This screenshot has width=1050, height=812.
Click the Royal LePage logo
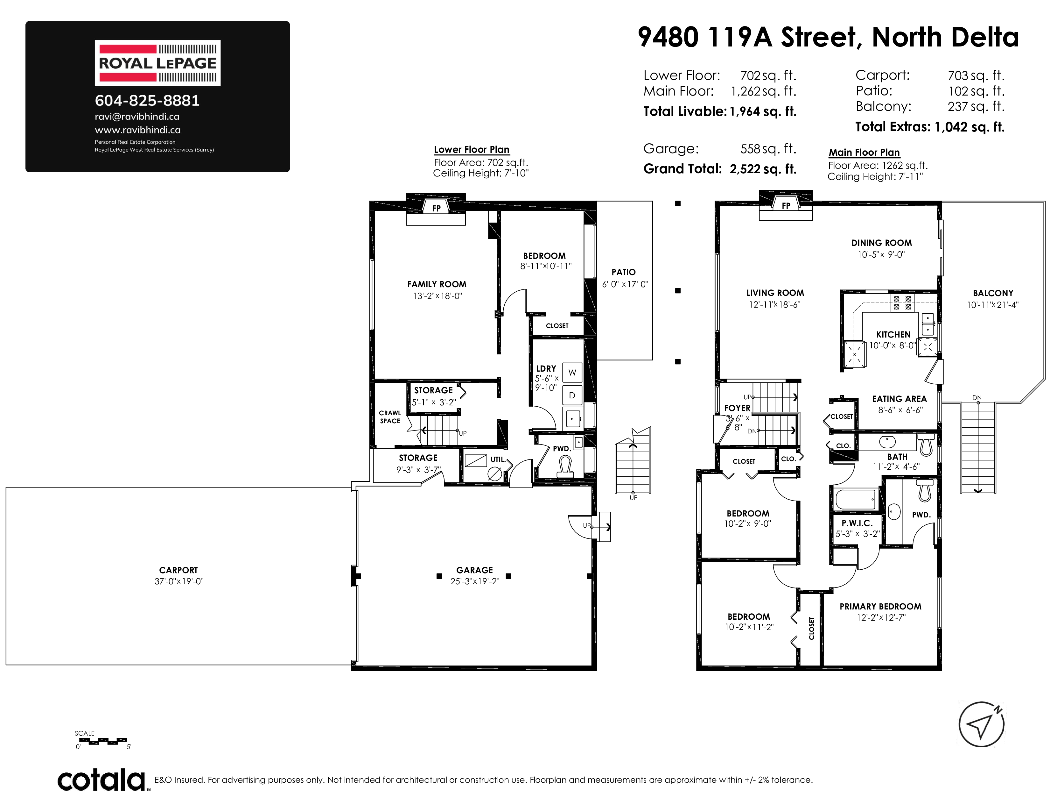pos(158,63)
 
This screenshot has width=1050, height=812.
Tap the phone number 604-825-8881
pos(147,101)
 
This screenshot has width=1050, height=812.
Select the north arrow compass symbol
pos(981,724)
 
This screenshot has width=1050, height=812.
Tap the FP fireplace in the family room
pos(436,208)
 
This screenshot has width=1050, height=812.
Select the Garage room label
pos(474,570)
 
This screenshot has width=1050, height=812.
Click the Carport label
pos(178,570)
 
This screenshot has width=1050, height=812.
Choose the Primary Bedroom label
pos(880,607)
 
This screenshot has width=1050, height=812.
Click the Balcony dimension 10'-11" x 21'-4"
pos(993,304)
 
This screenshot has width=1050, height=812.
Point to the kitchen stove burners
pos(902,303)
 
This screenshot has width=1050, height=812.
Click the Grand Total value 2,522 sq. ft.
pos(763,169)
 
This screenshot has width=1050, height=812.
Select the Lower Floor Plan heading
pos(472,150)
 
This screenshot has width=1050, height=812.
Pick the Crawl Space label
pos(390,417)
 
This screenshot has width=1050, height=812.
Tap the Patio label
pos(624,272)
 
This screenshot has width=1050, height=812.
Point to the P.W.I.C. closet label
pos(857,523)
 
